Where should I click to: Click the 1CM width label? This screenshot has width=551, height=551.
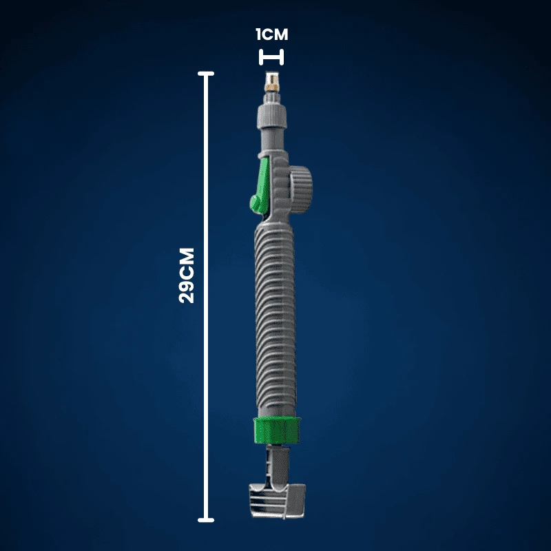coord(271,34)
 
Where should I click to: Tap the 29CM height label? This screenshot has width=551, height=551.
coord(187,275)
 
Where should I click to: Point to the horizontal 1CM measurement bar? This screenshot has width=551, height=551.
coord(271,57)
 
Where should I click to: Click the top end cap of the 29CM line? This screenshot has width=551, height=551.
coord(206,74)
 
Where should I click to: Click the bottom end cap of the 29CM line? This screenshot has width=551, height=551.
coord(206,520)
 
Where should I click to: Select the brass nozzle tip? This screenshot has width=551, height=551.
coord(271,83)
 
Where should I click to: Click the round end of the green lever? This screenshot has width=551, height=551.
coord(256,203)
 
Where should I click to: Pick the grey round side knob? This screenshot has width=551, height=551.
coord(301,190)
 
